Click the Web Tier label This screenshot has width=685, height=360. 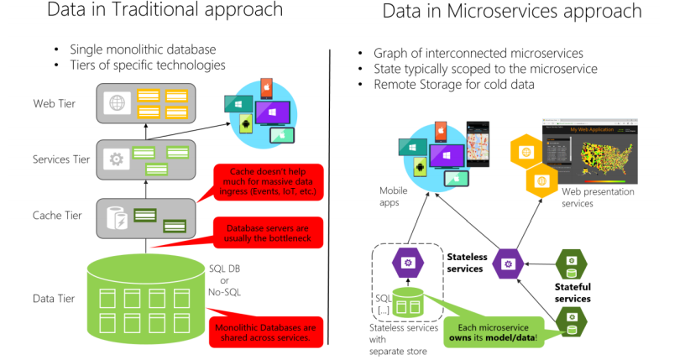point(51,103)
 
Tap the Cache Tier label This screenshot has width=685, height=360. point(55,216)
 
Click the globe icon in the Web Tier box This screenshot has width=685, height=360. point(116,102)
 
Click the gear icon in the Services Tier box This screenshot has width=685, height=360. point(117,159)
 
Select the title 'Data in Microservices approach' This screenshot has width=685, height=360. point(511,12)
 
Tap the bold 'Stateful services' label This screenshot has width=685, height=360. point(573,293)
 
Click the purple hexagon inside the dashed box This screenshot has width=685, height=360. point(408,263)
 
